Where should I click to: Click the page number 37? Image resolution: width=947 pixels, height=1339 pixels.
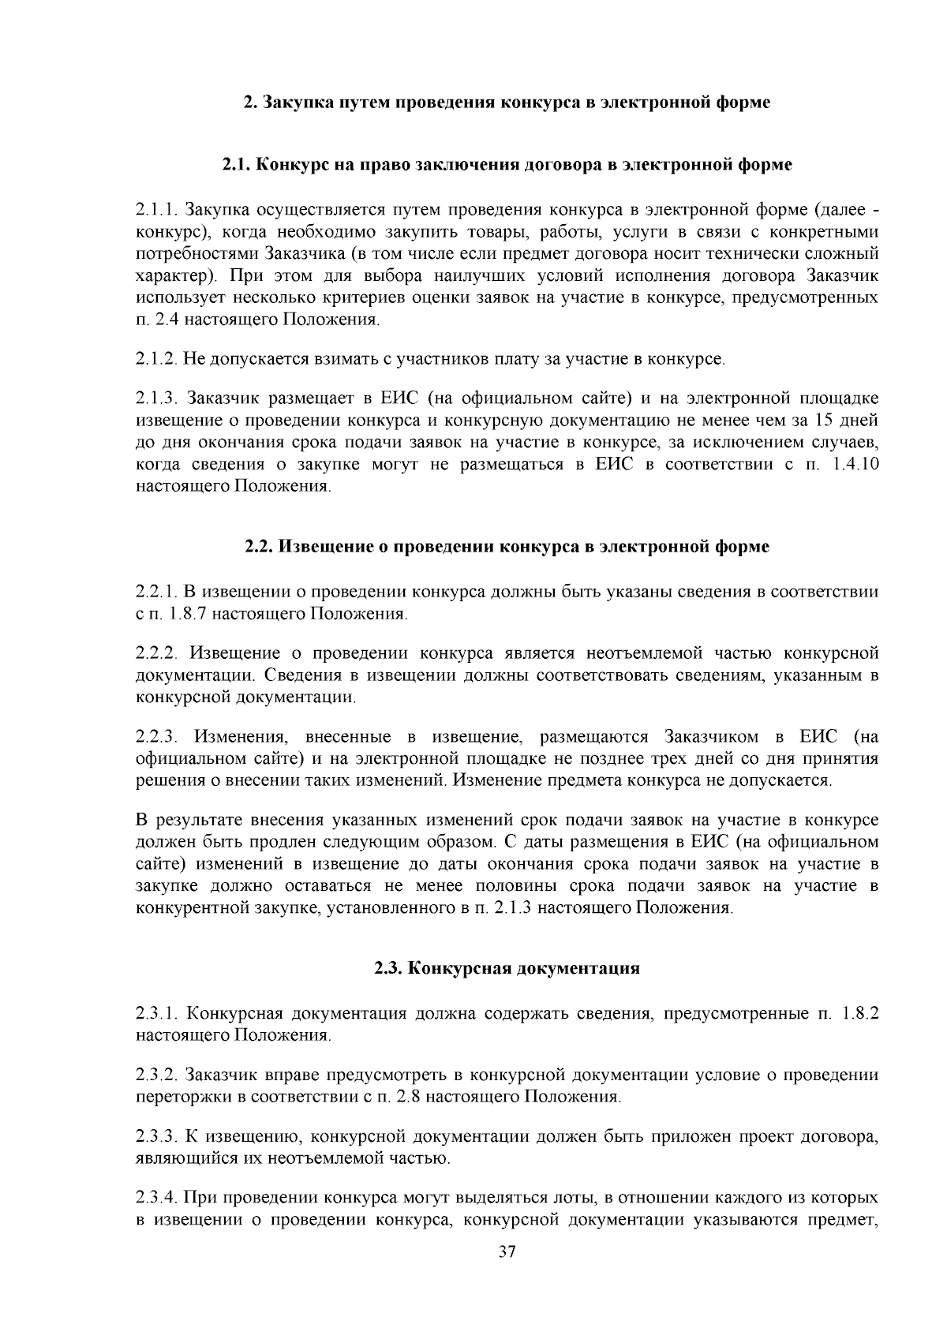click(x=507, y=1251)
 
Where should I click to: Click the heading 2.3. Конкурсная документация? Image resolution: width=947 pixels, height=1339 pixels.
click(x=507, y=968)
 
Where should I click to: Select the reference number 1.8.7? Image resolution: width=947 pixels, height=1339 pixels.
click(x=184, y=613)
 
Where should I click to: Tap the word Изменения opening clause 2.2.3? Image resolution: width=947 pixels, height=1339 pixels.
click(x=238, y=737)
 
